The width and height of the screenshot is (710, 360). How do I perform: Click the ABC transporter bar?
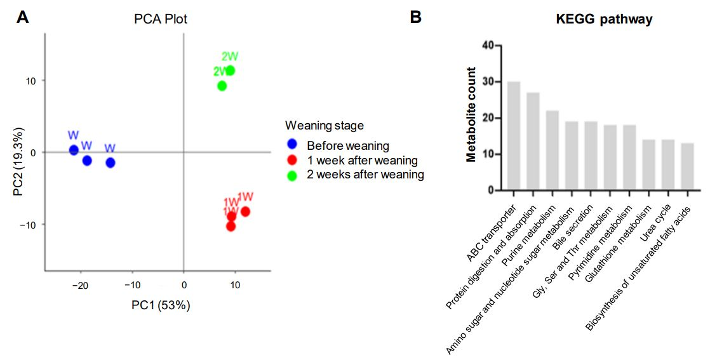[x=514, y=136]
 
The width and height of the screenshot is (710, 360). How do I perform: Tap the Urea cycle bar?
[x=667, y=164]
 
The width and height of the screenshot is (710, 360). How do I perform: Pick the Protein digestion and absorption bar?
[x=533, y=141]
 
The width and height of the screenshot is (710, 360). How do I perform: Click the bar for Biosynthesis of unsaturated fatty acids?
[x=687, y=166]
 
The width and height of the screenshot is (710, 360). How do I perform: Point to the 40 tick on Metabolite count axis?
[x=488, y=46]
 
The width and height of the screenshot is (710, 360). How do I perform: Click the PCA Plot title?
[x=161, y=19]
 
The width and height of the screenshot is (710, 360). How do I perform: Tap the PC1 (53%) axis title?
[x=161, y=305]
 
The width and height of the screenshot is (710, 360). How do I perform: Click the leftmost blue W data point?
[x=74, y=150]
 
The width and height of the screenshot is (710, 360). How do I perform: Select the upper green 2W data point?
[x=230, y=70]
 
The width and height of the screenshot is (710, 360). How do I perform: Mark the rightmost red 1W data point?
[x=245, y=211]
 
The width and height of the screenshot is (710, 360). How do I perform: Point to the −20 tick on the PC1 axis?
[x=79, y=286]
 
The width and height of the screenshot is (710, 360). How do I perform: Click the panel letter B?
[x=415, y=17]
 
